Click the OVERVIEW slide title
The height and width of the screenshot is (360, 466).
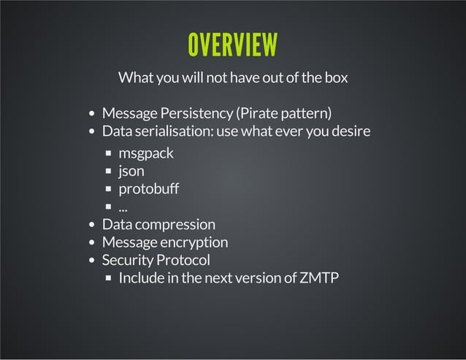[232, 45]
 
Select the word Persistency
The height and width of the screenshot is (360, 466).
[189, 113]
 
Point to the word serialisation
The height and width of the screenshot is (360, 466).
[172, 131]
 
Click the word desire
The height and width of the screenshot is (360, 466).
[348, 131]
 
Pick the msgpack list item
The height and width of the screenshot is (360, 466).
[146, 153]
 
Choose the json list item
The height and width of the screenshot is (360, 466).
[131, 172]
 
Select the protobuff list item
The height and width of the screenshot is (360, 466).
[148, 189]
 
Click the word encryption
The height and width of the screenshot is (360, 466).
[193, 242]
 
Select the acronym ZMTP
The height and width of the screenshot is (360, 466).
[319, 277]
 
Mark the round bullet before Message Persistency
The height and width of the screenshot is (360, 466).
[92, 115]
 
